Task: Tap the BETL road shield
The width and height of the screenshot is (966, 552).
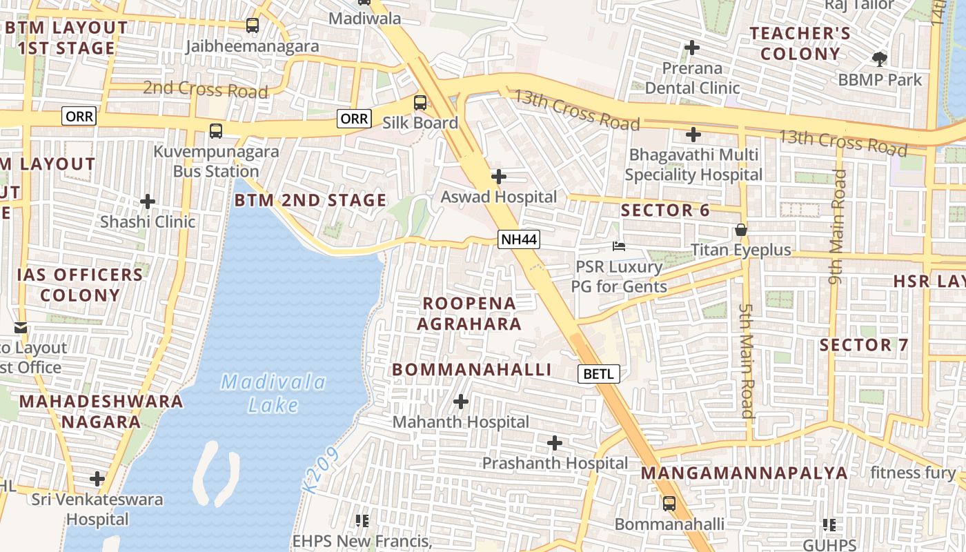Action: (599, 374)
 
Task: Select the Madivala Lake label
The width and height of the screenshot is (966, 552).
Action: (274, 393)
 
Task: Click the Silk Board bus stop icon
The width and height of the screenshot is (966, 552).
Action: (420, 103)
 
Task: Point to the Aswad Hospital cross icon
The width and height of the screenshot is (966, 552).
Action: (498, 177)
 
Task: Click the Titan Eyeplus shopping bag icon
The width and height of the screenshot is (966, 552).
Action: (741, 230)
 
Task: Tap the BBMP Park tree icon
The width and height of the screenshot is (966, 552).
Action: (880, 59)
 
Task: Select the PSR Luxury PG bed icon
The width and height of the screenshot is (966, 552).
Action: (619, 246)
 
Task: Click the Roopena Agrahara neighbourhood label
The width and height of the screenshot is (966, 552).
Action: (469, 313)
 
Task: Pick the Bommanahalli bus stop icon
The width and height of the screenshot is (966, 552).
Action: (669, 504)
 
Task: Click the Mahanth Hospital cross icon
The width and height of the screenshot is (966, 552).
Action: (460, 402)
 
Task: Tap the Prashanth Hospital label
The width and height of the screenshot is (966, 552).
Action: (555, 463)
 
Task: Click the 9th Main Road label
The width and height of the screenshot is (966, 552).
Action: (837, 227)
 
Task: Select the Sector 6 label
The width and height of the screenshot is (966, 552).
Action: (665, 210)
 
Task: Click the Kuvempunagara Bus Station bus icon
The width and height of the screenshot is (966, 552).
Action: (216, 131)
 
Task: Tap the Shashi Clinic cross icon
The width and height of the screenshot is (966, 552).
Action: (148, 201)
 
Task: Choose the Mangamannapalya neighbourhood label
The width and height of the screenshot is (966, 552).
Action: (745, 473)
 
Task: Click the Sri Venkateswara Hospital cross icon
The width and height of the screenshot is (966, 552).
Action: (97, 479)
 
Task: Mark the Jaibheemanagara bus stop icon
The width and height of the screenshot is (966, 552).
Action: (253, 26)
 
